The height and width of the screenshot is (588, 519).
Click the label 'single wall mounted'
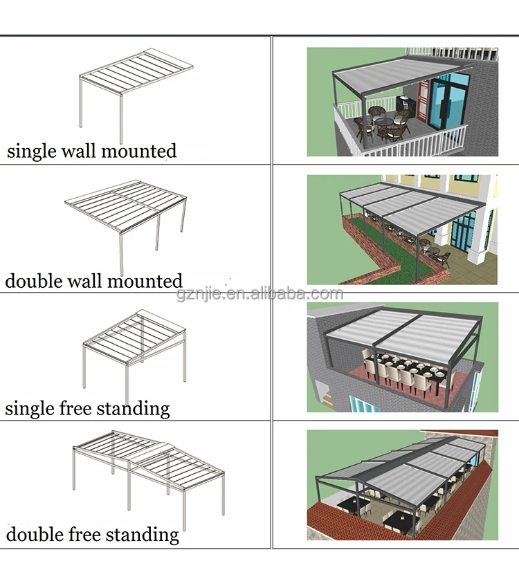(x=91, y=151)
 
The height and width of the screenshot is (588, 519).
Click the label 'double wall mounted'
(x=93, y=281)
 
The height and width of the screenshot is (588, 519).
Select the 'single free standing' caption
(x=87, y=408)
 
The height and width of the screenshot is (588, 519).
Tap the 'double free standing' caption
(x=92, y=534)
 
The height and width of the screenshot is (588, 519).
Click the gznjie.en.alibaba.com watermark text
(x=259, y=294)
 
